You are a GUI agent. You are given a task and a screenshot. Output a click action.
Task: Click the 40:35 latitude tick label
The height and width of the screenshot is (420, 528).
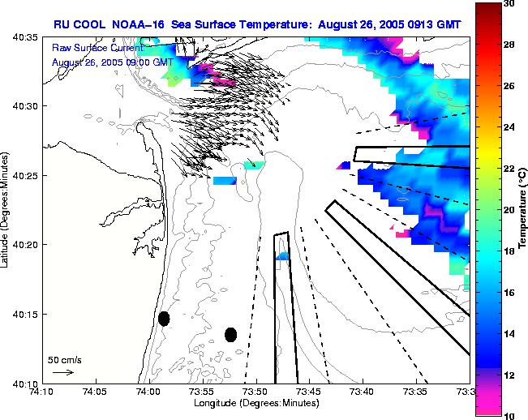[27, 37]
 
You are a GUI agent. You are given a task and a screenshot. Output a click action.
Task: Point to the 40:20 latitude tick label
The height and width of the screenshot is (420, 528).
[27, 245]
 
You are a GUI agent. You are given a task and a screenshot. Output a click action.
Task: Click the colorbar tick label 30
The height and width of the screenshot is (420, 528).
[509, 4]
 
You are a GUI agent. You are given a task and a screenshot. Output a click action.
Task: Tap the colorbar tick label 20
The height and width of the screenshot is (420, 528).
[509, 210]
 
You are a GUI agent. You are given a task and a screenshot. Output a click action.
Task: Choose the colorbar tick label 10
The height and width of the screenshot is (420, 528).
[509, 415]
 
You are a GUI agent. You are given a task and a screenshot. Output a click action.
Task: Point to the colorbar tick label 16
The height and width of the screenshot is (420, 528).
[509, 292]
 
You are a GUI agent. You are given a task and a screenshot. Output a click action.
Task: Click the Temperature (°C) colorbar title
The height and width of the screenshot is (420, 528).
[523, 209]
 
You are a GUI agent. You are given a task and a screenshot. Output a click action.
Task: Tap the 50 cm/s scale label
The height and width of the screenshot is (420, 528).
[64, 359]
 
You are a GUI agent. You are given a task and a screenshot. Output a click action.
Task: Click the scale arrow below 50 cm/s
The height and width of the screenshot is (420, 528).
[63, 372]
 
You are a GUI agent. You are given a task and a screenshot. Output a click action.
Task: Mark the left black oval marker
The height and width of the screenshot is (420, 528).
[164, 319]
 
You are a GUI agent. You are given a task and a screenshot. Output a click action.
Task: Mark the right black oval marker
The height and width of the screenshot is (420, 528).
[231, 334]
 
